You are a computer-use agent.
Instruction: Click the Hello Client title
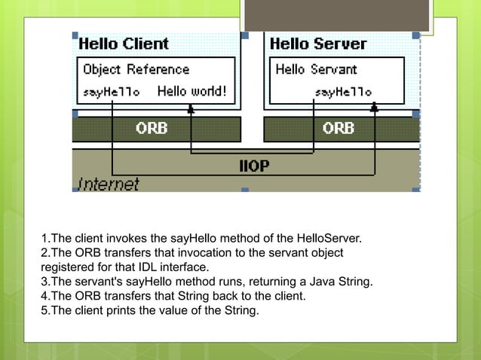tap(124, 44)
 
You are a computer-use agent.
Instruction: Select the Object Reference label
tap(136, 70)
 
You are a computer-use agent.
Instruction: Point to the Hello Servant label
tap(316, 70)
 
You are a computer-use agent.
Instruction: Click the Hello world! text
tap(191, 92)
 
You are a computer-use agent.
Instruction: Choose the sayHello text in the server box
tap(343, 93)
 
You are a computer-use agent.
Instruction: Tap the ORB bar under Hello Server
tap(338, 128)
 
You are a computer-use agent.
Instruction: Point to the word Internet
tap(109, 184)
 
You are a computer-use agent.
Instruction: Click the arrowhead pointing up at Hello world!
tap(191, 108)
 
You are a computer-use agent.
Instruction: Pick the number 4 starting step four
tap(44, 296)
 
